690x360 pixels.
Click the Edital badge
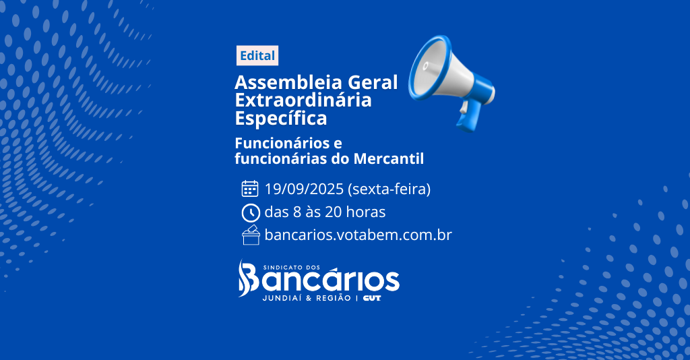pos(257,55)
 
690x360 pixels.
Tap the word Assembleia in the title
pos(288,82)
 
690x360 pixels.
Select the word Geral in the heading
pos(373,82)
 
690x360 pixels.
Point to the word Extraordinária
pos(303,100)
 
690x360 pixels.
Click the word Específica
pos(281,119)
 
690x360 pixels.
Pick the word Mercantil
pos(389,158)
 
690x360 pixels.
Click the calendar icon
pos(250,188)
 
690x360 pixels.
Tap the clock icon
pos(251,213)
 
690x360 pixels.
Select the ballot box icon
pos(251,235)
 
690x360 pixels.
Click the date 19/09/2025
pos(304,189)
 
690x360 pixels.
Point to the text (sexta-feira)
pos(389,189)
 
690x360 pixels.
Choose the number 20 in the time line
pos(334,212)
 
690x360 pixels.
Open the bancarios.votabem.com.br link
pos(358,235)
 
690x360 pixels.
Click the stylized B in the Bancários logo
pos(248,278)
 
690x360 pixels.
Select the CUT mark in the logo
pos(372,298)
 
